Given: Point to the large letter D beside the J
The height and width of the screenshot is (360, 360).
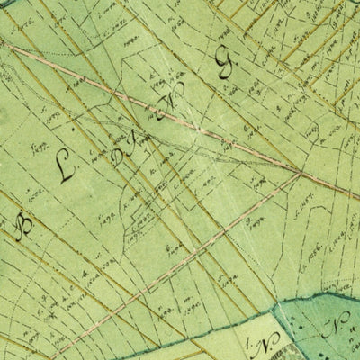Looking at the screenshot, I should [124, 159].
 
